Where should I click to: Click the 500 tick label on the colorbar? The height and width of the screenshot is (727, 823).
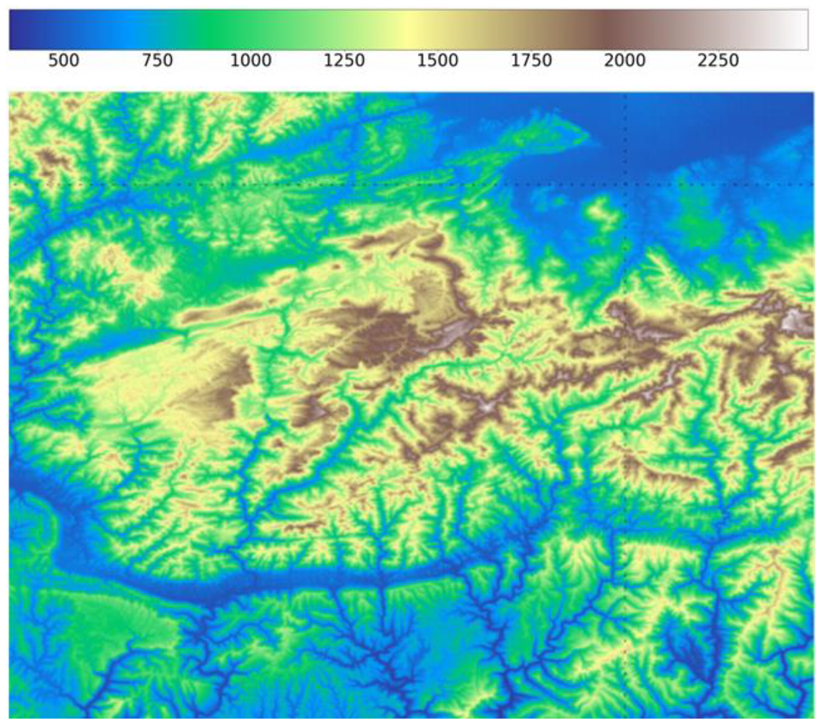pos(64,61)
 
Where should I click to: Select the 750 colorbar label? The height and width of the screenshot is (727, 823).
pos(157,61)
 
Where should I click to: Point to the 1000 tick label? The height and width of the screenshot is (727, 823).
pos(251,61)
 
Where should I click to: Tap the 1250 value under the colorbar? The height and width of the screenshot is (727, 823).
pos(344,61)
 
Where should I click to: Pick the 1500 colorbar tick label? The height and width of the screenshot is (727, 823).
pos(437,61)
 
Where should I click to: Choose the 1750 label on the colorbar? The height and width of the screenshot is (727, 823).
pos(531,61)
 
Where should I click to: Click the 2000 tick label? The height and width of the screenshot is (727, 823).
pos(625,61)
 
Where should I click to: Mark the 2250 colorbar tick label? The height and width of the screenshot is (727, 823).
pos(718,61)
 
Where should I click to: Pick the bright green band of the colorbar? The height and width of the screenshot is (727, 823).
pos(213,30)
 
